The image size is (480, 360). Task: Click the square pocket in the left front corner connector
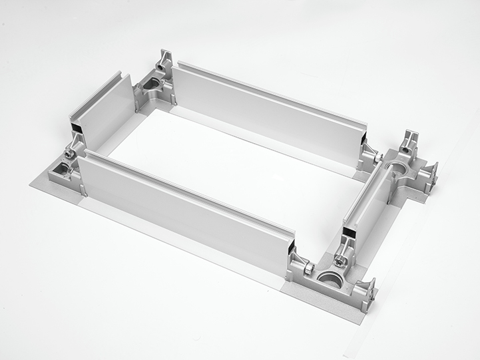pyautogui.click(x=64, y=170)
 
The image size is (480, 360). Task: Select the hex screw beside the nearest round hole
pyautogui.click(x=309, y=268)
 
